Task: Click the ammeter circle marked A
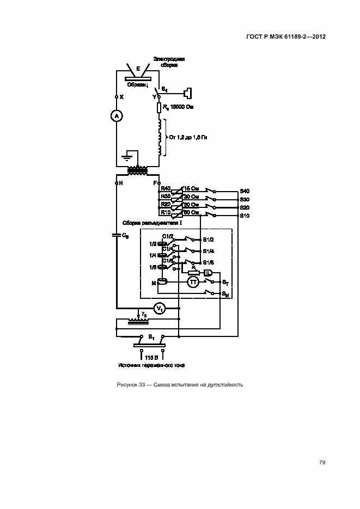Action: [116, 116]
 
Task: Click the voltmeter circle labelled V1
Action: [160, 309]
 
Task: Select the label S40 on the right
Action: [245, 191]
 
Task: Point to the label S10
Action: [245, 216]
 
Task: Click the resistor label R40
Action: [166, 188]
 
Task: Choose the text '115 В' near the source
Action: [152, 357]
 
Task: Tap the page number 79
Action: [322, 462]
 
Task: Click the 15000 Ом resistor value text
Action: [182, 107]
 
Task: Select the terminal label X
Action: [121, 96]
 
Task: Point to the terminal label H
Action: [121, 183]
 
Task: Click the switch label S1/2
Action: [208, 240]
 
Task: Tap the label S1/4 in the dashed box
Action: [208, 251]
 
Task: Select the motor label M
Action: [154, 283]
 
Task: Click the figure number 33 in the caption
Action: [142, 385]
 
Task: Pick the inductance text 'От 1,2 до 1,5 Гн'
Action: [188, 137]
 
